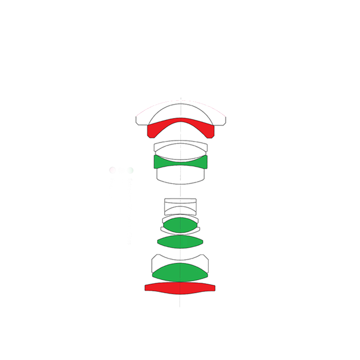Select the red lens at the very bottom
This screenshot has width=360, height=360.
coord(180,288)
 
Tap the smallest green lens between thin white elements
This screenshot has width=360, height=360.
coord(180,225)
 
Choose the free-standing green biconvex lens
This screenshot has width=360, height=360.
coord(180,242)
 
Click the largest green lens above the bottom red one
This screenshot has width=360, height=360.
coord(180,272)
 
